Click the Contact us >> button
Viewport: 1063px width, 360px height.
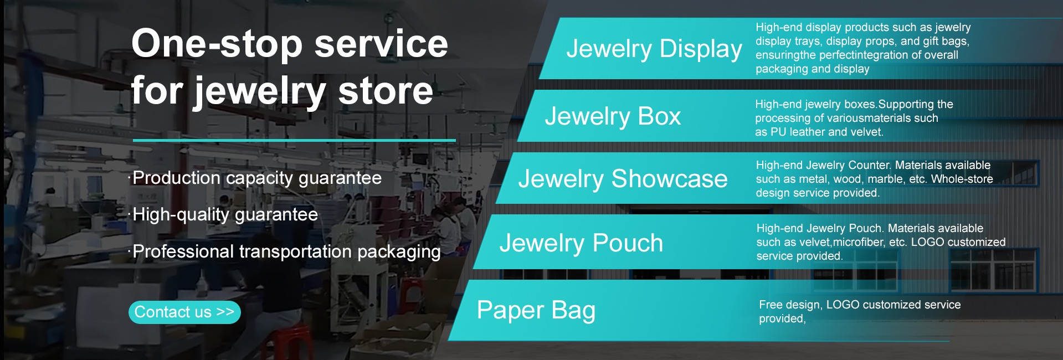click(x=184, y=312)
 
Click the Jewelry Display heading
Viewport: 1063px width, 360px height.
click(x=654, y=49)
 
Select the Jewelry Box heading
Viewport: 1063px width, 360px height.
click(x=613, y=116)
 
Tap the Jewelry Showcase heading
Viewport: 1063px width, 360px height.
click(x=623, y=179)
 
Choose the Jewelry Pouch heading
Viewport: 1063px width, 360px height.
click(x=581, y=243)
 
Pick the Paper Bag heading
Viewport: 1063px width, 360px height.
click(x=536, y=310)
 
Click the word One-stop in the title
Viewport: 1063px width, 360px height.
click(x=217, y=44)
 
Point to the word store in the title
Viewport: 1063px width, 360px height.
click(x=386, y=91)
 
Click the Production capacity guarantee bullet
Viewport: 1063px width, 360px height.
click(x=257, y=178)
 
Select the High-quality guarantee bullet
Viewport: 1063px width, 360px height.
click(x=225, y=215)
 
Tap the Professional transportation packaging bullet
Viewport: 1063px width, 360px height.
click(x=286, y=252)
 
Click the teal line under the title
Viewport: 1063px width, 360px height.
click(x=294, y=140)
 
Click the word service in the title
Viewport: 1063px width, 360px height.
click(x=381, y=44)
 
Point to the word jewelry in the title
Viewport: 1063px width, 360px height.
click(x=259, y=92)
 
